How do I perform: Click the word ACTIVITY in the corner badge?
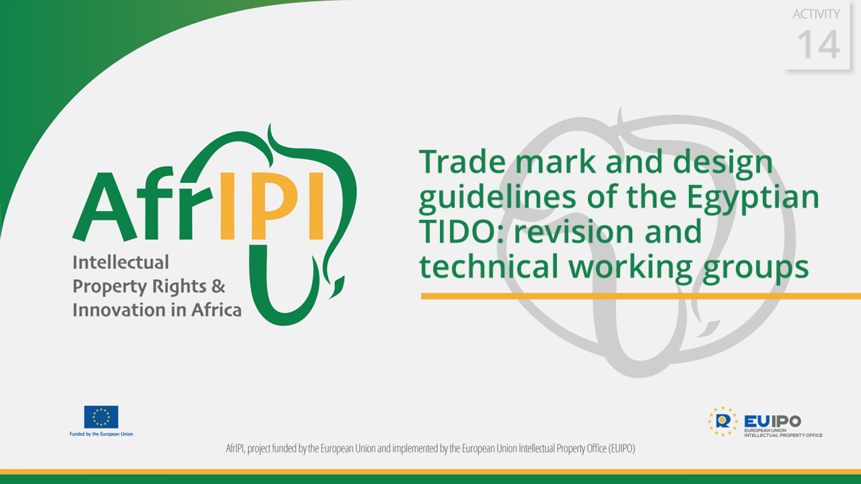pos(816,14)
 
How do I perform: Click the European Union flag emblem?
pos(101,417)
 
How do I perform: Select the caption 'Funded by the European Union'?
pos(101,434)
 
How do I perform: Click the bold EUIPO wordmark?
pos(772,421)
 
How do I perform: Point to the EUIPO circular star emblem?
pos(723,421)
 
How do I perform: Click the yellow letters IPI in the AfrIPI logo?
pos(271,206)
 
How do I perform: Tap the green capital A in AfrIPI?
pos(104,207)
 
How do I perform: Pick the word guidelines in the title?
pos(497,197)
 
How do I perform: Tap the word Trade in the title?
pos(462,162)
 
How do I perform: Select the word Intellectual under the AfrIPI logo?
pos(121,263)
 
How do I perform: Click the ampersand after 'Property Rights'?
pos(218,286)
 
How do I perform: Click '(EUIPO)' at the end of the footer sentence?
pos(622,449)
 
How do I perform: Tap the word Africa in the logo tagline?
pos(217,310)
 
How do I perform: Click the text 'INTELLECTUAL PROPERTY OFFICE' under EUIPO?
pos(783,435)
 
